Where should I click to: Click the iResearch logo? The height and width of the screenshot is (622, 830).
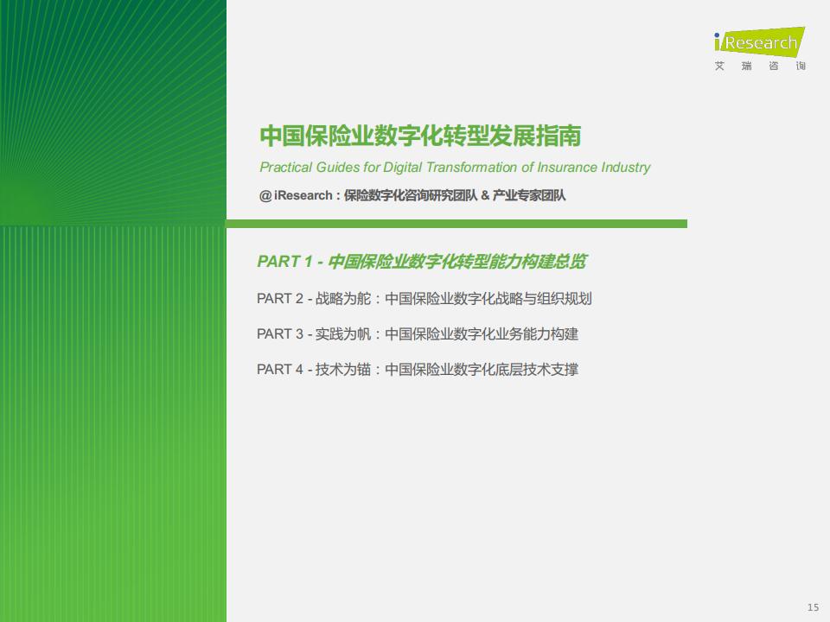pyautogui.click(x=760, y=41)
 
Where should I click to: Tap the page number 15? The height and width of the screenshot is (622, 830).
pyautogui.click(x=813, y=607)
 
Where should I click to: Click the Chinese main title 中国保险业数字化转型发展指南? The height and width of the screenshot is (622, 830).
pyautogui.click(x=420, y=136)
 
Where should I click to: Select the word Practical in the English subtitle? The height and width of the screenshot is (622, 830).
pyautogui.click(x=286, y=167)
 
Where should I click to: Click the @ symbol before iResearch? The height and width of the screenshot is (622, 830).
pyautogui.click(x=265, y=196)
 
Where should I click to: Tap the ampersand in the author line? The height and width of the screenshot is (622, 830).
pyautogui.click(x=485, y=196)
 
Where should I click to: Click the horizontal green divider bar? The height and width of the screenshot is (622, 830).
pyautogui.click(x=456, y=224)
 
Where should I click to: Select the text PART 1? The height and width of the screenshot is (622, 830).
pyautogui.click(x=284, y=261)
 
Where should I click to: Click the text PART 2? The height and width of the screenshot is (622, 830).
pyautogui.click(x=280, y=299)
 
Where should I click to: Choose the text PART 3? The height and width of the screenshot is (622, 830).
pyautogui.click(x=280, y=334)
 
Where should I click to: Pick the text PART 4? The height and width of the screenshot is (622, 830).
pyautogui.click(x=280, y=369)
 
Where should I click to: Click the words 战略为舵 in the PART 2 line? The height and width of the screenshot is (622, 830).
pyautogui.click(x=343, y=299)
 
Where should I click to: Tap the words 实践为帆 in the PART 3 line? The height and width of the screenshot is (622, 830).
pyautogui.click(x=343, y=334)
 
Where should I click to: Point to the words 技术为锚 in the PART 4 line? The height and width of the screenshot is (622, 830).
pyautogui.click(x=343, y=369)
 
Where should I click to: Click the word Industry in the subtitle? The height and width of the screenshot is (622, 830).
pyautogui.click(x=626, y=168)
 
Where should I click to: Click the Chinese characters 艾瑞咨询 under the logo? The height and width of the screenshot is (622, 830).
pyautogui.click(x=760, y=67)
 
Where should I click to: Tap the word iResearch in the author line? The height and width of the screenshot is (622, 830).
pyautogui.click(x=303, y=196)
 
